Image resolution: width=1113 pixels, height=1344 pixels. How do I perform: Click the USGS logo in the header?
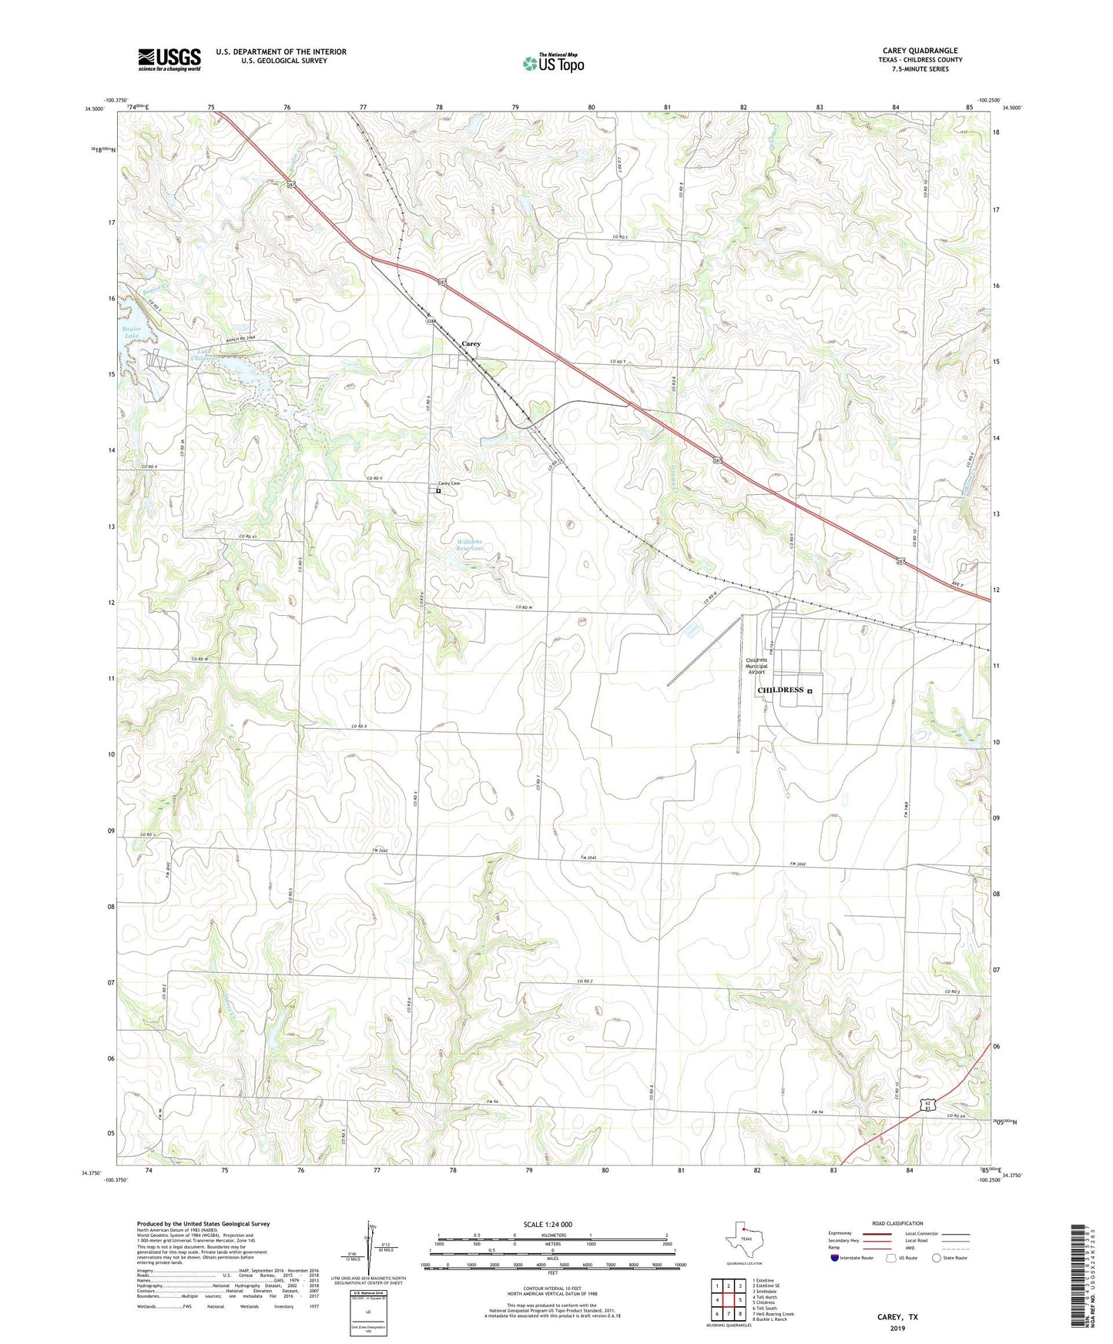[169, 59]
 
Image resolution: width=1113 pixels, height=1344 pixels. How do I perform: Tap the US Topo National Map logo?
[552, 63]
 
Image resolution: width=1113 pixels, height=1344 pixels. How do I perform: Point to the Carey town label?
[471, 343]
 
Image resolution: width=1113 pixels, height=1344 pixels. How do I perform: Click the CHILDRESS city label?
[780, 690]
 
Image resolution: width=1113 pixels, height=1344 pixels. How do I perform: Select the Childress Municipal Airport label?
[756, 666]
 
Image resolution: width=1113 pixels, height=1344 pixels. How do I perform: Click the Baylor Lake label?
[132, 333]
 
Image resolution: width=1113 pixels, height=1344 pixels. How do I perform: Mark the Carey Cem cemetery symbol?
[438, 491]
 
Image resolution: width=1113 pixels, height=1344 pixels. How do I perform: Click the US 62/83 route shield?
[930, 1105]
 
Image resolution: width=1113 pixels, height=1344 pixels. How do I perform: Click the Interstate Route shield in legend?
[835, 1258]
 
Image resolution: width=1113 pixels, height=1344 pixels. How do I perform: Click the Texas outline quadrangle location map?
[743, 1239]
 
